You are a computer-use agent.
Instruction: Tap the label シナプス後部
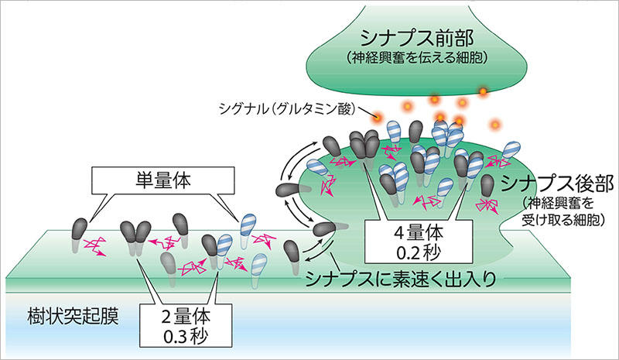(x=557, y=183)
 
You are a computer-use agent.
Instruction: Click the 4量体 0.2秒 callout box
(x=419, y=242)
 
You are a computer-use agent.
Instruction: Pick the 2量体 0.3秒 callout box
(x=186, y=325)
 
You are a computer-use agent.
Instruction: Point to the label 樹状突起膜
(x=74, y=316)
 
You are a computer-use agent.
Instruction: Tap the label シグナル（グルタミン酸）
(x=286, y=108)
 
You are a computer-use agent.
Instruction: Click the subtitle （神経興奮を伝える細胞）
(x=417, y=58)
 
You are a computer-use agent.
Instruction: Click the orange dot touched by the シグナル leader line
(x=378, y=117)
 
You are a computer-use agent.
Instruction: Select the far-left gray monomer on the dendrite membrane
(x=79, y=235)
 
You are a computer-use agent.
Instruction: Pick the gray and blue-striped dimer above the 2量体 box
(x=217, y=251)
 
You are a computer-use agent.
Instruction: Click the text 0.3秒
(x=186, y=336)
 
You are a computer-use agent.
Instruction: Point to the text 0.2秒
(x=419, y=253)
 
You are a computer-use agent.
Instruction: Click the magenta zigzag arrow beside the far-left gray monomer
(x=94, y=247)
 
